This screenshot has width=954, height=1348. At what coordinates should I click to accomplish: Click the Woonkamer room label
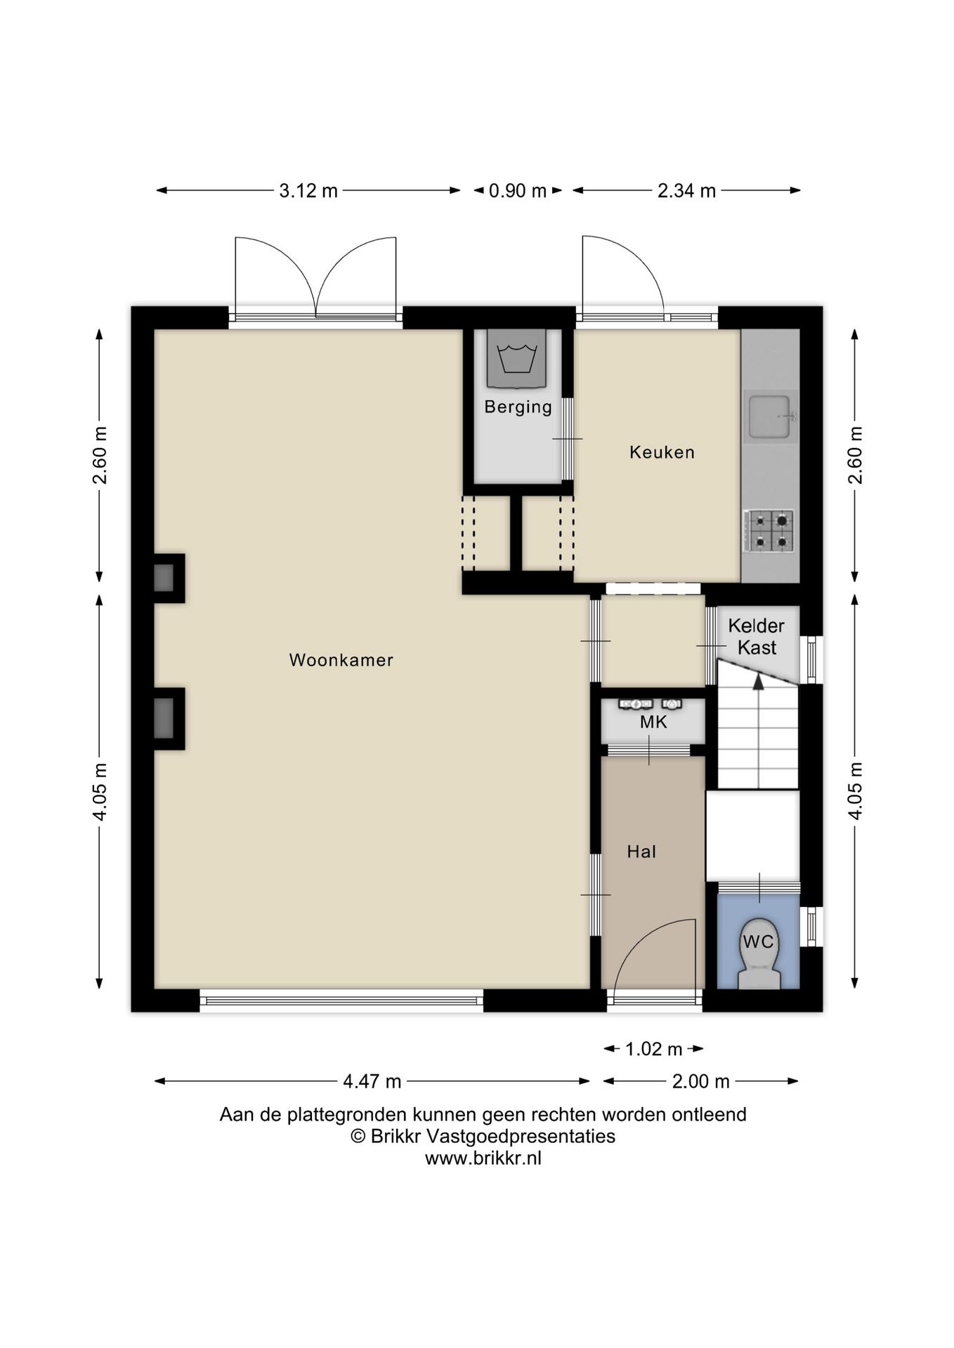pyautogui.click(x=341, y=660)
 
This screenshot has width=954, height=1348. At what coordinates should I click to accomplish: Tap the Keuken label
pyautogui.click(x=662, y=452)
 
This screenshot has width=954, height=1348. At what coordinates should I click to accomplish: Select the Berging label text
pyautogui.click(x=518, y=407)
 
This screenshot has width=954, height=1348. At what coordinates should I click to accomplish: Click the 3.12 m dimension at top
pyautogui.click(x=308, y=190)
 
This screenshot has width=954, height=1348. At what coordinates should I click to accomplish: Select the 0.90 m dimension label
pyautogui.click(x=518, y=190)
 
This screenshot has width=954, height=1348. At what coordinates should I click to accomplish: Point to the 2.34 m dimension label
pyautogui.click(x=686, y=190)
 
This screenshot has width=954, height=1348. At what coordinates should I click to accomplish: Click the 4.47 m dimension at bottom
pyautogui.click(x=372, y=1081)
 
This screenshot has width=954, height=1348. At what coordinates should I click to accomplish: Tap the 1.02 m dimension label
pyautogui.click(x=653, y=1049)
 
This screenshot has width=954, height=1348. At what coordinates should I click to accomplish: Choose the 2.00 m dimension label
pyautogui.click(x=700, y=1081)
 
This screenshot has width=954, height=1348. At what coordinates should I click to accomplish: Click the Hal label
pyautogui.click(x=641, y=852)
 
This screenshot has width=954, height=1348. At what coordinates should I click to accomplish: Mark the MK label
pyautogui.click(x=653, y=722)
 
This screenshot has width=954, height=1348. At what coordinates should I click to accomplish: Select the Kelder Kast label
pyautogui.click(x=757, y=636)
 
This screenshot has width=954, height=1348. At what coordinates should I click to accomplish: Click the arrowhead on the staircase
pyautogui.click(x=758, y=680)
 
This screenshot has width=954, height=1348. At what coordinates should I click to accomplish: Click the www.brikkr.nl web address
pyautogui.click(x=483, y=1158)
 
